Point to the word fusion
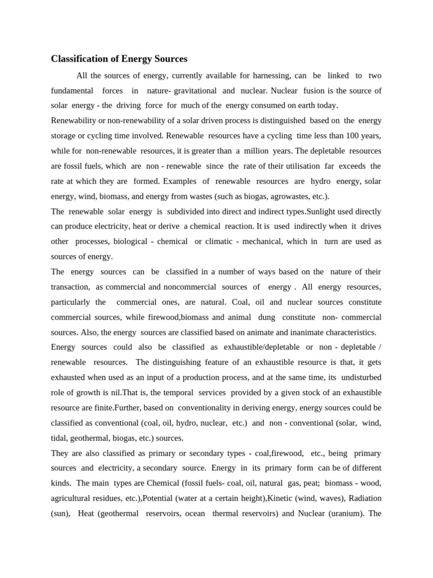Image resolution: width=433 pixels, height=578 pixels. point(314,90)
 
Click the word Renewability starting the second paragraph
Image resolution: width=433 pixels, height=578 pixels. point(76,120)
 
